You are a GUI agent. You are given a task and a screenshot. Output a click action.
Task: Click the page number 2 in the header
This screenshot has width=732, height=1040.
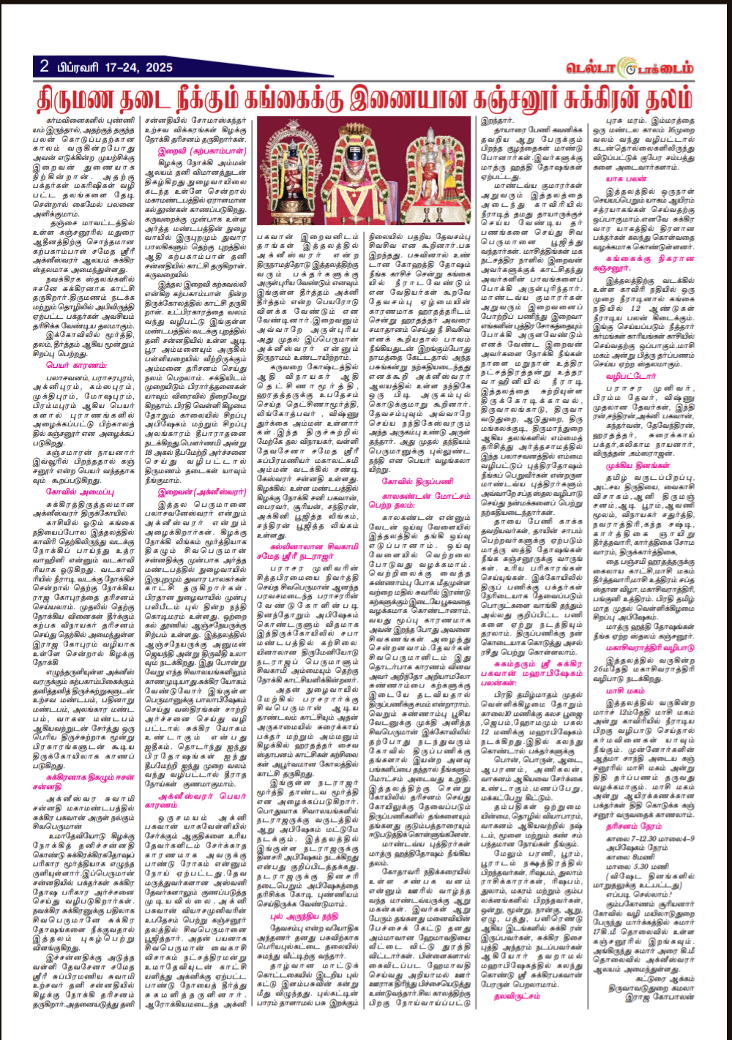(45, 67)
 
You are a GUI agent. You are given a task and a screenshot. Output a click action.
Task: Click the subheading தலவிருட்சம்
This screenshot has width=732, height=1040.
(516, 995)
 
